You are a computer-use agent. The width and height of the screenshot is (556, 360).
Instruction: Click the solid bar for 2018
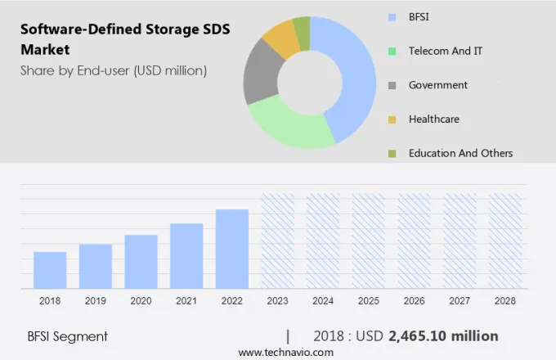pyautogui.click(x=50, y=270)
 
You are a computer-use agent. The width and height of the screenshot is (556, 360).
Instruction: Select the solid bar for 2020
pyautogui.click(x=141, y=262)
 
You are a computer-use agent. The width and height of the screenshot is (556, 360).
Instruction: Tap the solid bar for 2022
pyautogui.click(x=232, y=249)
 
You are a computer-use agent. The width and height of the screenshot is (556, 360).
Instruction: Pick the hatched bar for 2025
pyautogui.click(x=369, y=241)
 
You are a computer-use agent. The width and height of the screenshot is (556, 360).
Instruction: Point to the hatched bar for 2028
pyautogui.click(x=505, y=241)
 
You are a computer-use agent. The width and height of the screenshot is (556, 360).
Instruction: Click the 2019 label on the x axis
pyautogui.click(x=96, y=301)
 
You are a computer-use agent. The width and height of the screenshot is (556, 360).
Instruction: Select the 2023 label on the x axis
pyautogui.click(x=278, y=301)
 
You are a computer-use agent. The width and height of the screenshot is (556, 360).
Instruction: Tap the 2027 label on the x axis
pyautogui.click(x=460, y=301)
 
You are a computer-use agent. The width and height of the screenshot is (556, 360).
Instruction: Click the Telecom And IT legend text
pyautogui.click(x=445, y=51)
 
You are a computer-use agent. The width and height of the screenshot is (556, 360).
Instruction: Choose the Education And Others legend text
pyautogui.click(x=460, y=153)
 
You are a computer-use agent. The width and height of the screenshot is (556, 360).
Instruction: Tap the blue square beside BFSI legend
pyautogui.click(x=392, y=16)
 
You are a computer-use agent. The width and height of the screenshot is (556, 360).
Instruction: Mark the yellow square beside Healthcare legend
pyautogui.click(x=392, y=119)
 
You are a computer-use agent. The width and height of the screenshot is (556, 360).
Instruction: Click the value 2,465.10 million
pyautogui.click(x=443, y=336)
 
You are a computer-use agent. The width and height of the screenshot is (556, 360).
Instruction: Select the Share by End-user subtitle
pyautogui.click(x=114, y=70)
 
